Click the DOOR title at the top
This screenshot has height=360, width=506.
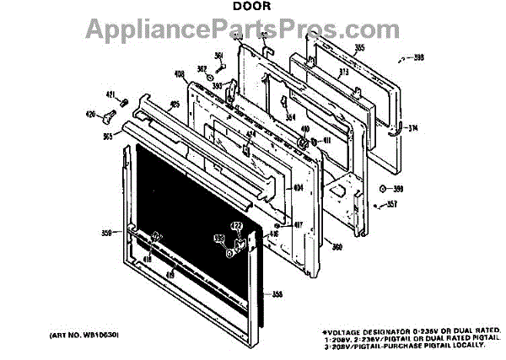point(252,8)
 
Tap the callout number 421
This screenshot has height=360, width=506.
point(110,94)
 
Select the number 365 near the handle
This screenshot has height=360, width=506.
point(108,136)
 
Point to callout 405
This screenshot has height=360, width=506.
point(175,105)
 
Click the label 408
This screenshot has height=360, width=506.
point(178,74)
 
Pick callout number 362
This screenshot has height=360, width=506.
point(202,68)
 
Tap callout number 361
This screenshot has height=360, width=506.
point(218,56)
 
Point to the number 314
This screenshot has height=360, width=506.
point(412,127)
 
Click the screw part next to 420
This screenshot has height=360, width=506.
point(110,111)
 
